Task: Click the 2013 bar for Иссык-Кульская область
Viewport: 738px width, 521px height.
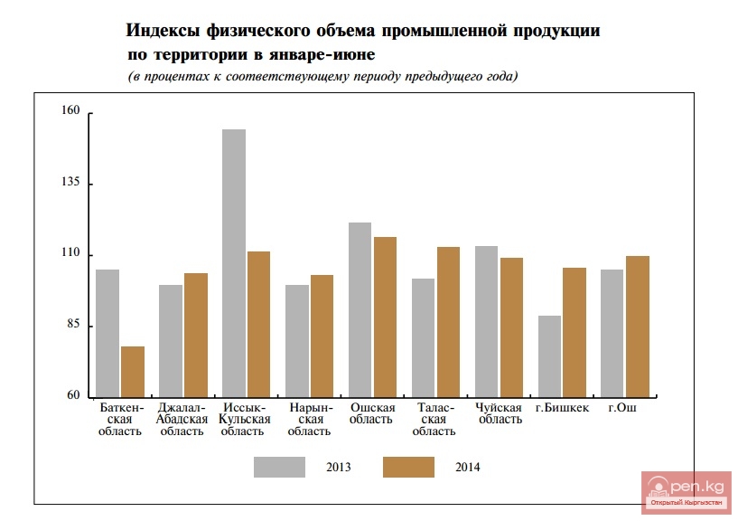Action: coord(234,262)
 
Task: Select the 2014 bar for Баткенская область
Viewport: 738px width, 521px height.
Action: coord(133,371)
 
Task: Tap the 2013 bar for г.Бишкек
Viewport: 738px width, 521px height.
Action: coord(549,355)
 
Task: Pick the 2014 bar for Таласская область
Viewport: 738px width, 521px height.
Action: coord(448,321)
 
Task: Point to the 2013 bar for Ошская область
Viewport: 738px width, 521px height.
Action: coord(360,308)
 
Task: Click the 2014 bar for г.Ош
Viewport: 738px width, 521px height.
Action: coord(637,326)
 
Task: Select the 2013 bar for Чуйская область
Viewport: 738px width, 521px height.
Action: coord(486,320)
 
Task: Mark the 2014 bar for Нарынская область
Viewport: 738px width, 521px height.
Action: coord(322,335)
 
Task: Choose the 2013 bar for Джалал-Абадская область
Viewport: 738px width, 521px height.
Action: coord(171,340)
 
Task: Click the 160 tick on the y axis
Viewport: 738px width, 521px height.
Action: coord(71,112)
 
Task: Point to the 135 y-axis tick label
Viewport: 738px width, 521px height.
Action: coord(71,183)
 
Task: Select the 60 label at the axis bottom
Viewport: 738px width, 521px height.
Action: coord(71,396)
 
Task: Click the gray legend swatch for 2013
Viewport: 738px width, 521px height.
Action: coord(279,467)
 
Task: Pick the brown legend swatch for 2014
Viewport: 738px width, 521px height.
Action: coord(408,467)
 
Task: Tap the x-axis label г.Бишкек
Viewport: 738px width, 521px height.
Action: coord(561,408)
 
